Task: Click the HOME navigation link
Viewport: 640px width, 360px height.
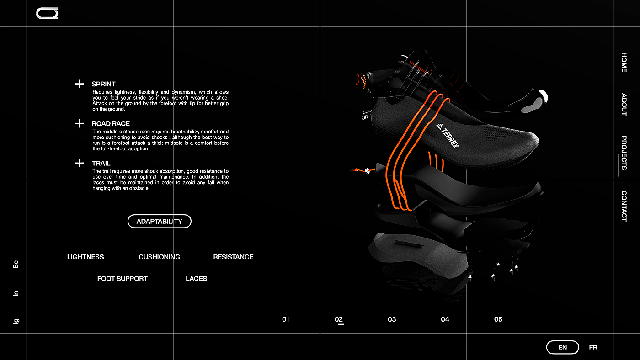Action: coord(624,63)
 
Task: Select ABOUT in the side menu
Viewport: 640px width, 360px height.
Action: coord(624,105)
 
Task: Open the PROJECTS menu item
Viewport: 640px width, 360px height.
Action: coord(624,153)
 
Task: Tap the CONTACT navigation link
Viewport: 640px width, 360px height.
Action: coord(624,206)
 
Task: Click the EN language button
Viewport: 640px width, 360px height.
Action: coord(562,348)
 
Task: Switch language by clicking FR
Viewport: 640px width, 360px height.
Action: coord(593,348)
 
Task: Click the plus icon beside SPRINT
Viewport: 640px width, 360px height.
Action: coord(80,84)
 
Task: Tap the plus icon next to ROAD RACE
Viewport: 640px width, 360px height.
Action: coord(80,124)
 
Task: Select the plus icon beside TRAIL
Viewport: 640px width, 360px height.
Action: coord(80,163)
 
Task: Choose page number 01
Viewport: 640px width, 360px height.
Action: coord(286,319)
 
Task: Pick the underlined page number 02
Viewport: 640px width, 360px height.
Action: coord(339,319)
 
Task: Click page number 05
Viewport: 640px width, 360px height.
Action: coord(498,319)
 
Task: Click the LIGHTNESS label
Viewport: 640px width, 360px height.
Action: coord(85,257)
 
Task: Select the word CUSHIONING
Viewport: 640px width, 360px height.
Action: coord(159,257)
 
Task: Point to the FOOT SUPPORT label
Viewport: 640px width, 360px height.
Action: coord(122,279)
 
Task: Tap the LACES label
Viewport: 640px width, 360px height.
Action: coord(196,279)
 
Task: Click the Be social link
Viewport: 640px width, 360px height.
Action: coord(16,265)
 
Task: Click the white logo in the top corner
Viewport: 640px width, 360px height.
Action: coord(48,14)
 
